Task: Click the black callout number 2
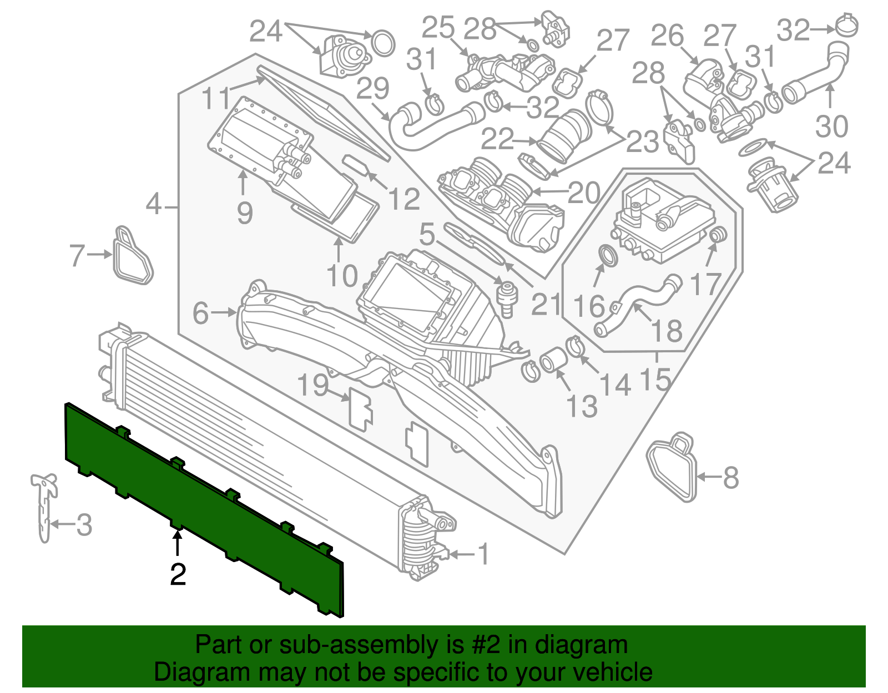[178, 574]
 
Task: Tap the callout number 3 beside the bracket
[84, 525]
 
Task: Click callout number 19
[313, 385]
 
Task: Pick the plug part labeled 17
[718, 234]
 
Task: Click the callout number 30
[831, 127]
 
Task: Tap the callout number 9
[245, 213]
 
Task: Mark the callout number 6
[200, 313]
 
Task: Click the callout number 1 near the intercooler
[484, 554]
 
